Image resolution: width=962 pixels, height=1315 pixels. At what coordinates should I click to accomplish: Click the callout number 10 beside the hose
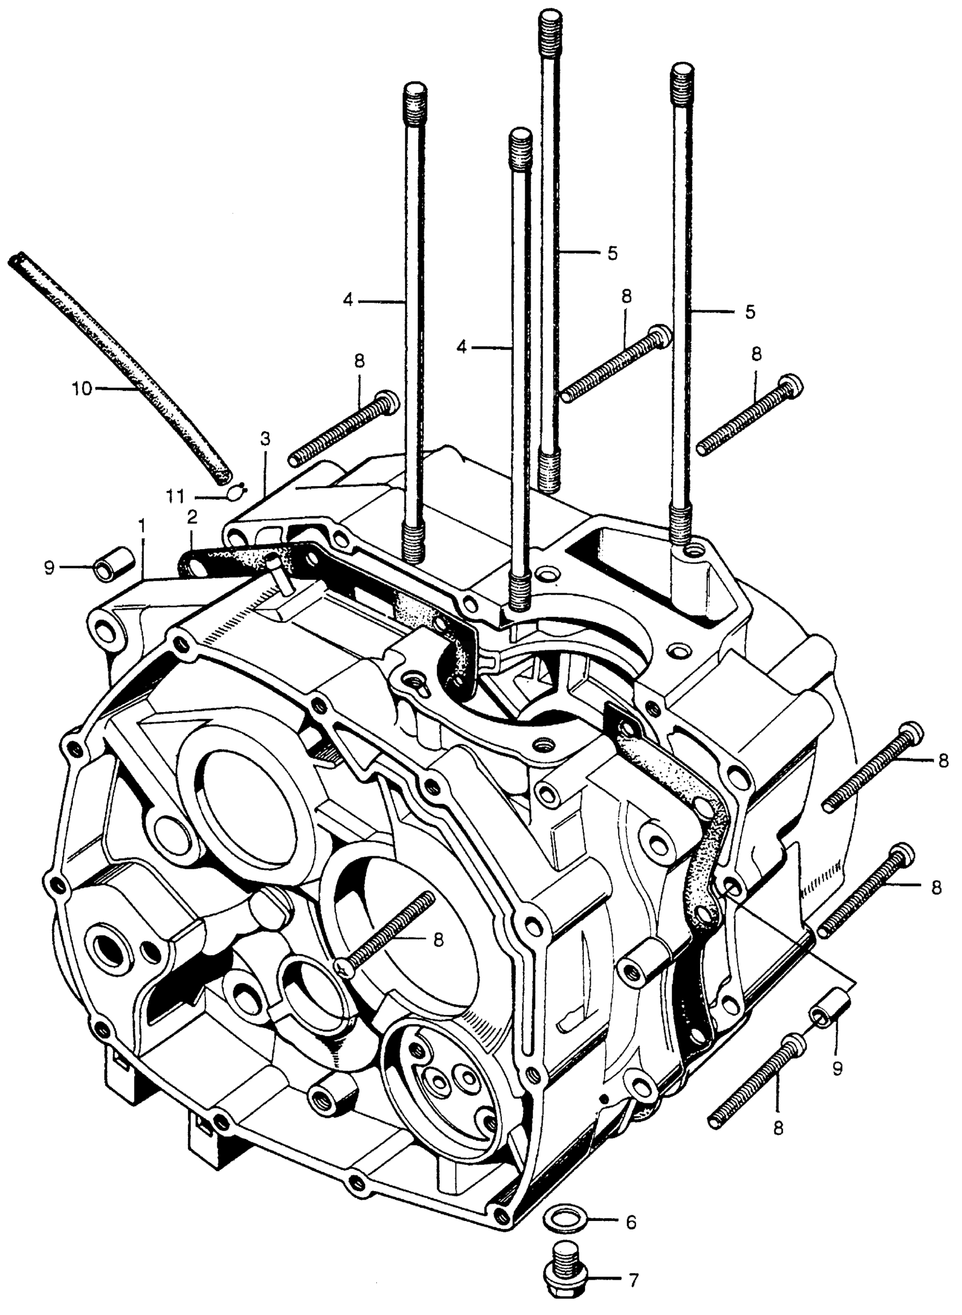pos(82,388)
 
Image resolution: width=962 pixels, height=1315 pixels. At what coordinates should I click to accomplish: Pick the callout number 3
pos(265,440)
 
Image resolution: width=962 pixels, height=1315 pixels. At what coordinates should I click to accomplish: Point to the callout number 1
pos(141,527)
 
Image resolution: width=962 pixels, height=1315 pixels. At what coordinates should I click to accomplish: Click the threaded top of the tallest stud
pos(549,26)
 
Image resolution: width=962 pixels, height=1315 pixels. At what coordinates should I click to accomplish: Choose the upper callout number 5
pos(612,254)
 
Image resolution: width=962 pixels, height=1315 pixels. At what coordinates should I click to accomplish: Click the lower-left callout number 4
pos(462,348)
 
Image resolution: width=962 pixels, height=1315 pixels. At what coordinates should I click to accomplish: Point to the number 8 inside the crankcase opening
pos(439,939)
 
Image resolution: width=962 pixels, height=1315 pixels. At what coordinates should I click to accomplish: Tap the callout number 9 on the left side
pos(49,567)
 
